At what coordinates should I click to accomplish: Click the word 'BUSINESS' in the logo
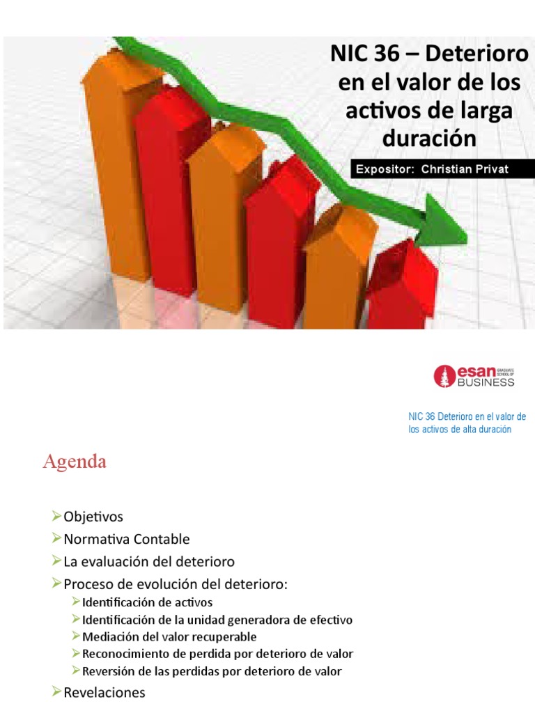point(486,382)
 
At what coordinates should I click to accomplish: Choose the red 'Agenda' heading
point(75,462)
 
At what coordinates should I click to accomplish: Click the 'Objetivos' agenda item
point(93,517)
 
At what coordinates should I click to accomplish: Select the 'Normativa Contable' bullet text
point(126,539)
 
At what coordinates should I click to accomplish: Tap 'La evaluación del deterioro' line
point(149,561)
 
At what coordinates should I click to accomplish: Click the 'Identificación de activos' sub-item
point(147,602)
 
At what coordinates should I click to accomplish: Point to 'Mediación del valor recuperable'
point(169,636)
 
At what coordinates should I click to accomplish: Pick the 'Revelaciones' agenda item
point(104,692)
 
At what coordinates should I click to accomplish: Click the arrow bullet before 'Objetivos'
point(57,517)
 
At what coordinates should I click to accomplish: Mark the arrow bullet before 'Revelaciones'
point(57,692)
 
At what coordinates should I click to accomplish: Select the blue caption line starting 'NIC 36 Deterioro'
point(467,416)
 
